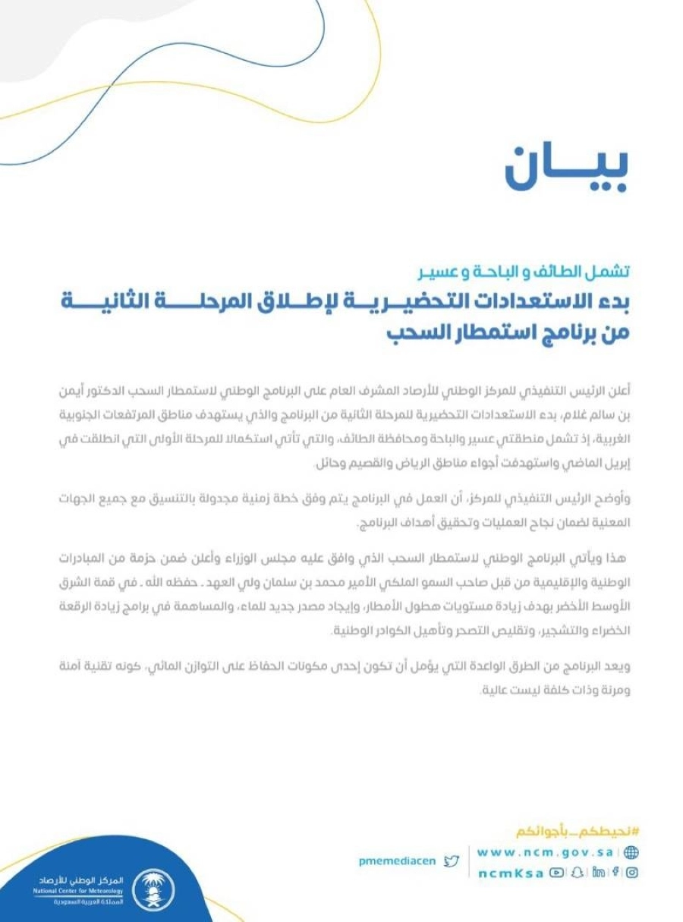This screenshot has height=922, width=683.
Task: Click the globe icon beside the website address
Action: click(x=631, y=852)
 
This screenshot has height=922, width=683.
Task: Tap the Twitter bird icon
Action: click(x=452, y=861)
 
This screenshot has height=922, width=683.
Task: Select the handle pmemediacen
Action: click(x=397, y=861)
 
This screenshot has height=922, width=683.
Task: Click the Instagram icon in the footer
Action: click(x=631, y=873)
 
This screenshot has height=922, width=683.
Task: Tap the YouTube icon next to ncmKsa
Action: click(x=557, y=873)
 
